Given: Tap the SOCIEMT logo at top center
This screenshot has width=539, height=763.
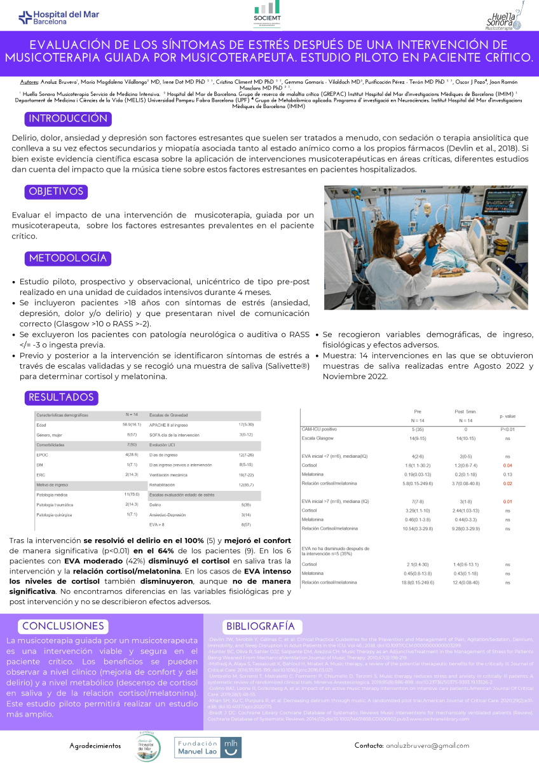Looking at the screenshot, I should click(x=267, y=15).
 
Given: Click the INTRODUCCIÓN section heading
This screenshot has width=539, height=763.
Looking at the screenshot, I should click(x=68, y=119).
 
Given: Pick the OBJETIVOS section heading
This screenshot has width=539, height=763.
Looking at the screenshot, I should click(x=57, y=191).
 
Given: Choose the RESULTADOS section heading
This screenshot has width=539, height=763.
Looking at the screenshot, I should click(x=61, y=397).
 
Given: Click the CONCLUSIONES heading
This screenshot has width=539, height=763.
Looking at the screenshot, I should click(x=63, y=626).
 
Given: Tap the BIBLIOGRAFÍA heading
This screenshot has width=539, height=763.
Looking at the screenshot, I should click(x=260, y=626).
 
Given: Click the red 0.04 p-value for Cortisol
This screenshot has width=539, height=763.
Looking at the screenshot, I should click(x=507, y=466).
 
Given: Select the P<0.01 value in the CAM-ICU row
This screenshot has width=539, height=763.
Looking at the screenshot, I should click(x=507, y=430).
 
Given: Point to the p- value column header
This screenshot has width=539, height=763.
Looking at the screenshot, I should click(x=507, y=416).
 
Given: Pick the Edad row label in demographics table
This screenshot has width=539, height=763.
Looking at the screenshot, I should click(x=42, y=424).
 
